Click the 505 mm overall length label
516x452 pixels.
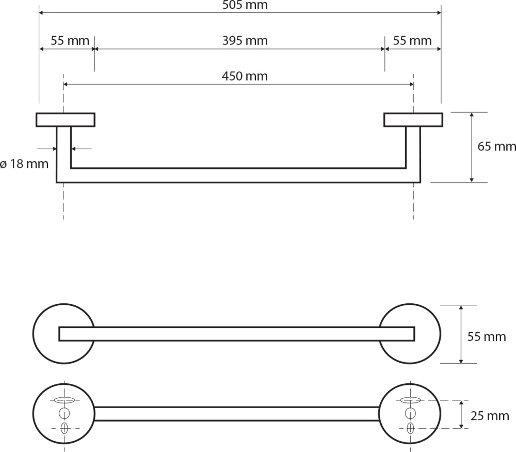tap(245, 5)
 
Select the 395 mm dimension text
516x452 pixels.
tap(245, 40)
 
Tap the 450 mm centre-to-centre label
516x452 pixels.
tap(245, 76)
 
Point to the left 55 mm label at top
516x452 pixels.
tap(70, 40)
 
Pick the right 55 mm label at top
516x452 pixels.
tap(412, 40)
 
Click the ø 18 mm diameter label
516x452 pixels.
tap(24, 163)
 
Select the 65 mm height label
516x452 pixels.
tap(496, 146)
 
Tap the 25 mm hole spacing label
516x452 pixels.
tap(490, 416)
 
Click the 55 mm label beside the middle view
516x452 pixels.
tap(487, 336)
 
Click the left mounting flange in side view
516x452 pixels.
tap(66, 120)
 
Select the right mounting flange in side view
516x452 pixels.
tap(413, 120)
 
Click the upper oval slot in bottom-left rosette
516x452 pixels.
tap(64, 400)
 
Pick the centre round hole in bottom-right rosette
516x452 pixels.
tap(410, 413)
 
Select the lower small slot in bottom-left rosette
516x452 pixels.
tap(64, 429)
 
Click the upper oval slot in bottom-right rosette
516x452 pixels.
tap(411, 401)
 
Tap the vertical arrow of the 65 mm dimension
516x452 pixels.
tap(472, 147)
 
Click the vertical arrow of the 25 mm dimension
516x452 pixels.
tap(461, 414)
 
